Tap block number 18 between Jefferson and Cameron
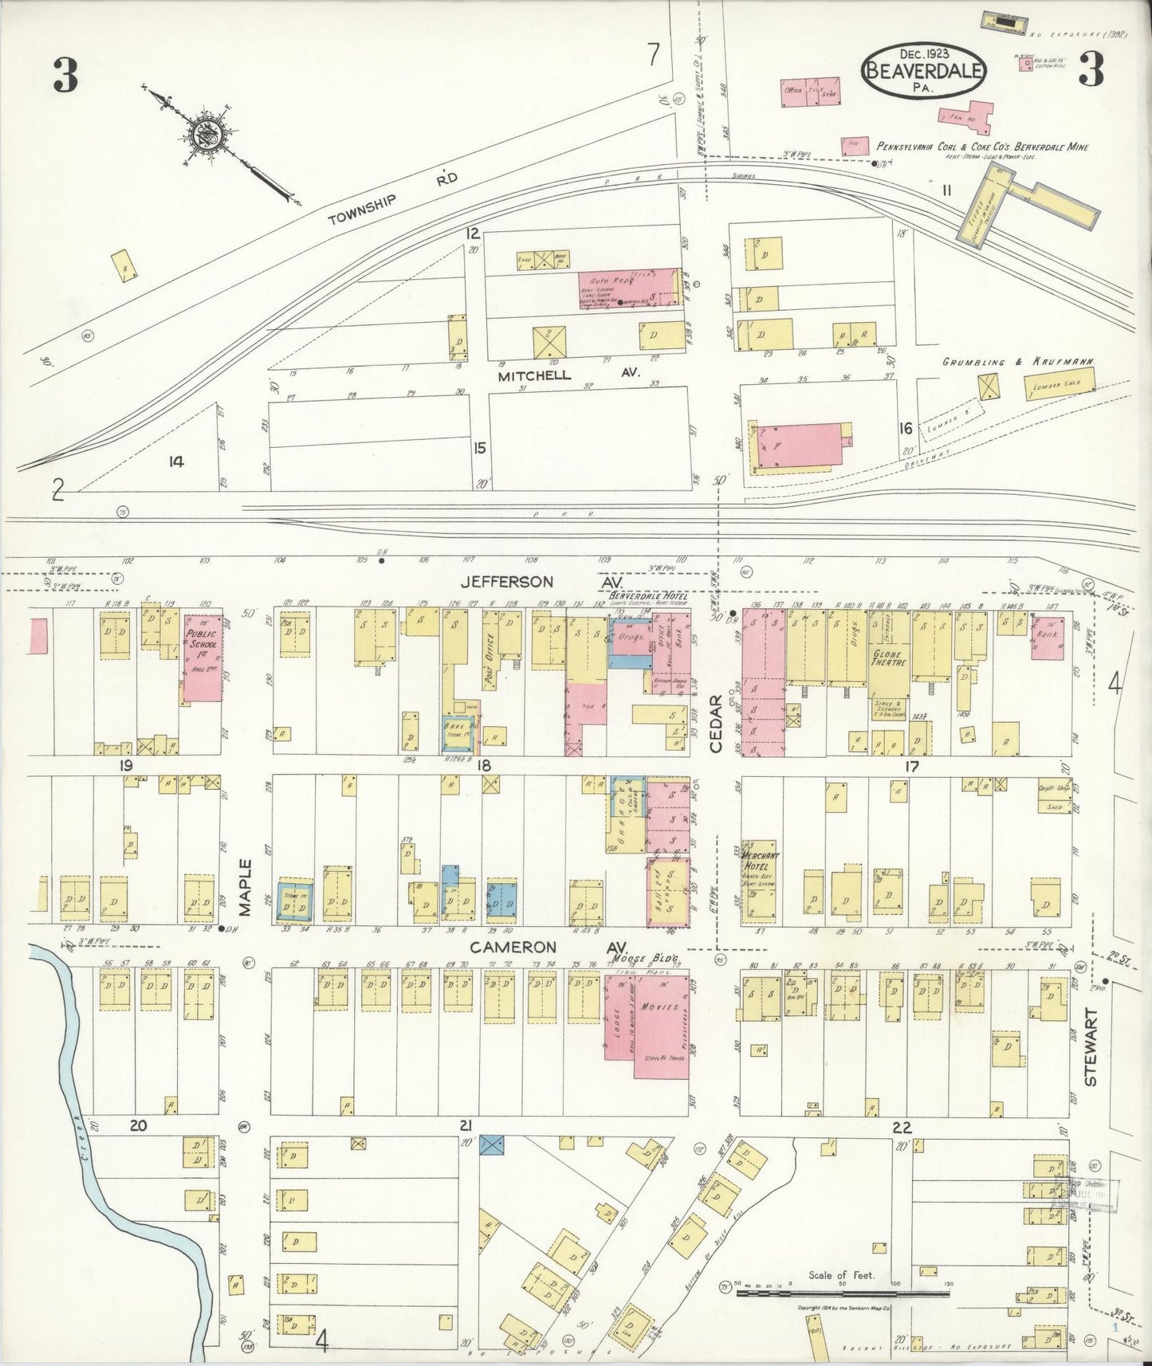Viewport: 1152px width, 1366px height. pos(484,765)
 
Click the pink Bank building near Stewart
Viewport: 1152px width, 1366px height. pos(1048,638)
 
